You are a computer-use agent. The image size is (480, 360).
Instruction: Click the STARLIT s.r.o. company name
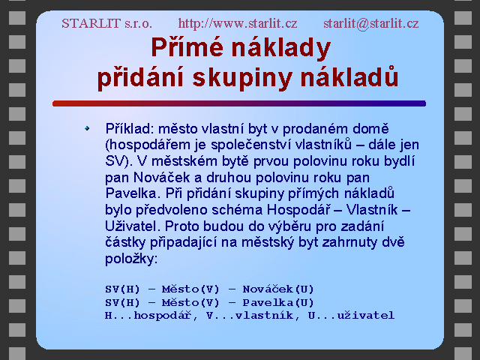tap(106, 23)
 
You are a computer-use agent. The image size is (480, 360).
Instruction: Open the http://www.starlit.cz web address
tap(238, 23)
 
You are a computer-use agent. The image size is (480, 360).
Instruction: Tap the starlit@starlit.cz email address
tap(371, 23)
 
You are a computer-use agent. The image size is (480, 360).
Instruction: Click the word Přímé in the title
tap(187, 47)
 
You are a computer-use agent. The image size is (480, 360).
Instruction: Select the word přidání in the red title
tap(140, 77)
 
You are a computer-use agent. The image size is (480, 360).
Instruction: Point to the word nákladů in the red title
tap(349, 76)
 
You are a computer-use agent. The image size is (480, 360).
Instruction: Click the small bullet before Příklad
tap(87, 128)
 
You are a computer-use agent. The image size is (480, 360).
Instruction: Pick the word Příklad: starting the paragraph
tap(130, 129)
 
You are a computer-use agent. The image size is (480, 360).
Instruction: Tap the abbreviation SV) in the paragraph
tap(118, 161)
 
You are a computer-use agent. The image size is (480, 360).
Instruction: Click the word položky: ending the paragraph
tap(131, 259)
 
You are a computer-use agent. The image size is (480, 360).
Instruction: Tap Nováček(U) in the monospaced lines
tap(278, 289)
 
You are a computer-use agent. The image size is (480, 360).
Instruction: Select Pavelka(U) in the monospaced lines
tap(278, 303)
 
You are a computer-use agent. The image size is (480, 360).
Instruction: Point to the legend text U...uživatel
tap(351, 315)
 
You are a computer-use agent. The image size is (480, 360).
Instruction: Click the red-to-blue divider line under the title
tap(239, 103)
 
